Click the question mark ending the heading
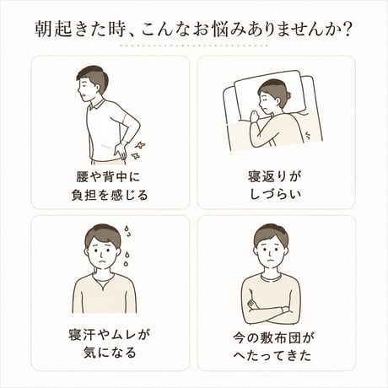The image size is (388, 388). tap(348, 30)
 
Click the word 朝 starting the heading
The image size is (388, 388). tap(43, 30)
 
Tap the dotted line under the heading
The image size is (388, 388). tap(194, 46)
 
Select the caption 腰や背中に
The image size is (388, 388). tap(108, 177)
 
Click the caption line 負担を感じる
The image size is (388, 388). tap(110, 195)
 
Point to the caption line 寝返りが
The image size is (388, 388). tap(275, 177)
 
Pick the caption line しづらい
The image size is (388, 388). tap(276, 194)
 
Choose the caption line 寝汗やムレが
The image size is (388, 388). tap(109, 335)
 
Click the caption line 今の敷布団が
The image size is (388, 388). tap(273, 338)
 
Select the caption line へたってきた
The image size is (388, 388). tap(272, 356)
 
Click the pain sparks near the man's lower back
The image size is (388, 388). tap(138, 150)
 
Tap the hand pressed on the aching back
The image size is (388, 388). tap(121, 149)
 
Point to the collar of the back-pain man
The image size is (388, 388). tap(97, 105)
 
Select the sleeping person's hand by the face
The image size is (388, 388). tap(256, 116)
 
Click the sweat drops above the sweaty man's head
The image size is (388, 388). tap(128, 231)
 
